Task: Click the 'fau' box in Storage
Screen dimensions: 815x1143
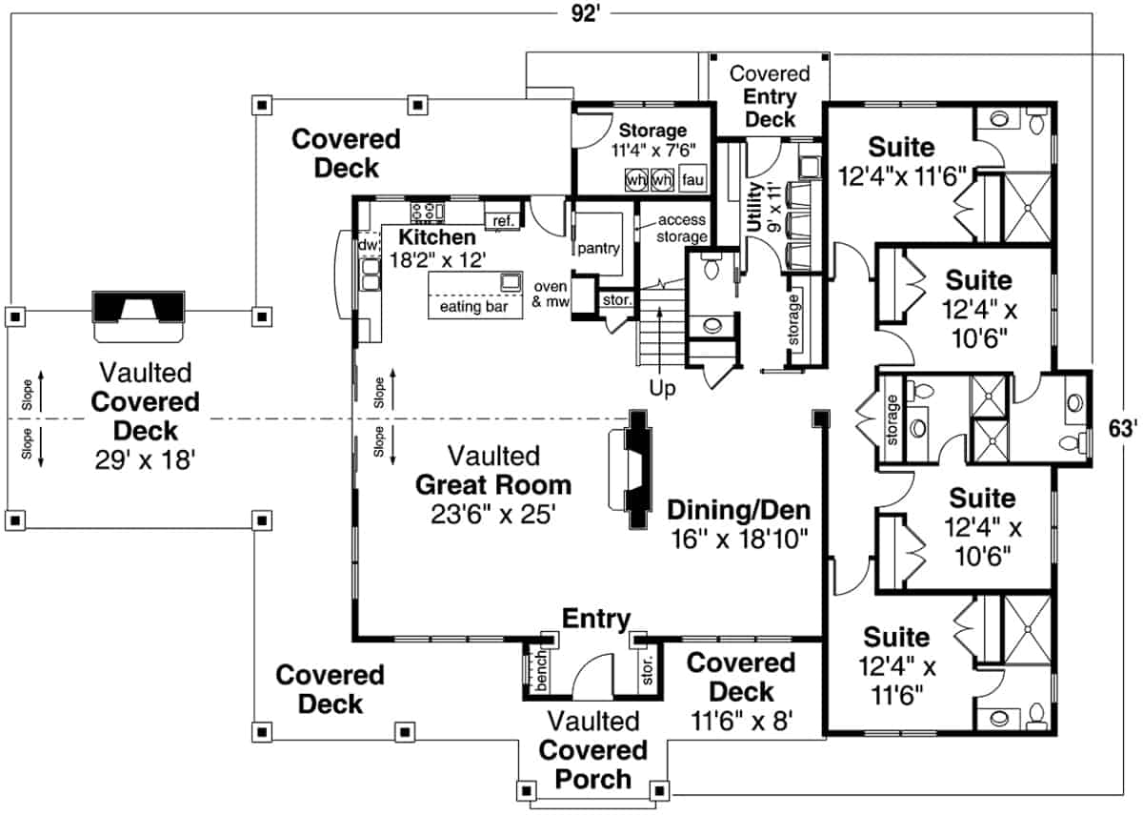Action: tap(692, 178)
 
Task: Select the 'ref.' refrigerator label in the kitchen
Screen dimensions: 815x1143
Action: tap(503, 221)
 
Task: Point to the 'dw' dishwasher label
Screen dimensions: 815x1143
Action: tap(368, 246)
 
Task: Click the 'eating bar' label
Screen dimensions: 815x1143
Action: tap(473, 307)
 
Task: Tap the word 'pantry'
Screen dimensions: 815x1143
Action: tap(597, 248)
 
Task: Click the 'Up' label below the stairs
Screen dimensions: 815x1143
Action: tap(662, 389)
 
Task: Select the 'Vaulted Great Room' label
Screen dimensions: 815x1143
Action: tap(492, 484)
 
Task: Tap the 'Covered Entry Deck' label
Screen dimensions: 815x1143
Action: tap(770, 96)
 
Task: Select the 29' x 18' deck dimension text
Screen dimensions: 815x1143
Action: tap(145, 460)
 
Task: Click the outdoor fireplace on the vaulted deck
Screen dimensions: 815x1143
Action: tap(139, 315)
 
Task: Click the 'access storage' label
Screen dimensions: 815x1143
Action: tap(682, 229)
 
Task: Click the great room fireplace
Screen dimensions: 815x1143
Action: tap(635, 473)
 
